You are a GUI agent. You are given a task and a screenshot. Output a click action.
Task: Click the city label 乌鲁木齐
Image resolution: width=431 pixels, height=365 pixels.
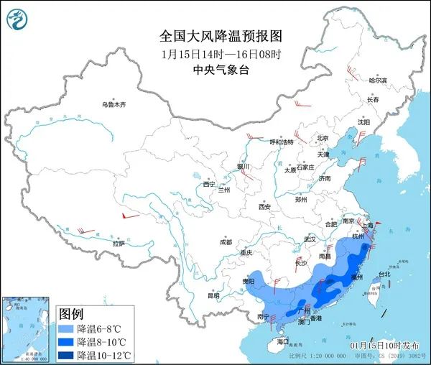pos(113,105)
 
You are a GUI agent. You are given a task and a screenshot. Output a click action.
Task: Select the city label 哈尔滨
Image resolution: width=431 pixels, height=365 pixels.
pos(377,80)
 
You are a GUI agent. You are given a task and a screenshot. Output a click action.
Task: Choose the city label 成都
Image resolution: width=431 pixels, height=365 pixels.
pos(226,241)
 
